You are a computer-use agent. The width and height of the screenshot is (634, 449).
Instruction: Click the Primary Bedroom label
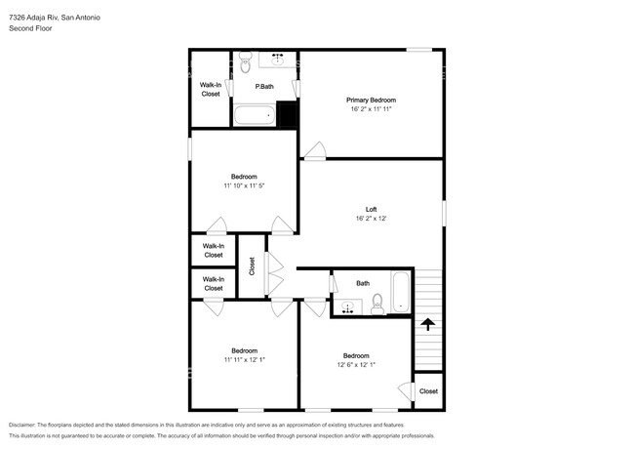(x=371, y=101)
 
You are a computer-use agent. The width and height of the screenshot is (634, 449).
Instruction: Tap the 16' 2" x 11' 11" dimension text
(x=371, y=110)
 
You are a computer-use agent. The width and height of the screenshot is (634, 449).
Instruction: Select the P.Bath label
(x=263, y=87)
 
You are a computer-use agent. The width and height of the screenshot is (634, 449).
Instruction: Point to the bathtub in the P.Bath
(x=255, y=117)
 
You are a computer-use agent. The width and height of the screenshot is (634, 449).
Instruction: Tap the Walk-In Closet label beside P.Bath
(x=211, y=90)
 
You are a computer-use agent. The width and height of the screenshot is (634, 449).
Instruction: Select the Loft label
(x=371, y=209)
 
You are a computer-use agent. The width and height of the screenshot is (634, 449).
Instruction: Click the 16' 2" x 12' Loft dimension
(x=371, y=220)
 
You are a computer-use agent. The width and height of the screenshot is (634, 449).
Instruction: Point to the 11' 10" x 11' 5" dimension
(x=244, y=185)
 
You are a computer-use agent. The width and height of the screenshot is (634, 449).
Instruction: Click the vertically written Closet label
(x=252, y=265)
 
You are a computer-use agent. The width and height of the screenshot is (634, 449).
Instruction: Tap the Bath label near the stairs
(x=363, y=283)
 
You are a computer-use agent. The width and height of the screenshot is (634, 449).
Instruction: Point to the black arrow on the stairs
(x=426, y=323)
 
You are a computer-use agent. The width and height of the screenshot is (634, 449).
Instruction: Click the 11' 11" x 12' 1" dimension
(x=244, y=360)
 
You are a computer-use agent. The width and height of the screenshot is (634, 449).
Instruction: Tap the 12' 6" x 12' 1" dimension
(x=356, y=365)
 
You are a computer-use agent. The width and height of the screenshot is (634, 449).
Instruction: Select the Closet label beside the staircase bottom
(x=428, y=391)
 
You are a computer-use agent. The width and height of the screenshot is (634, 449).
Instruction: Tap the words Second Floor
(x=30, y=28)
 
